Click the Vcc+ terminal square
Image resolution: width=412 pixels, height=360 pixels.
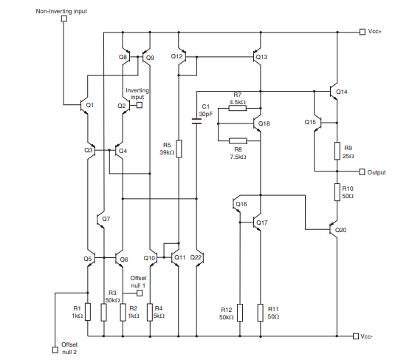[362, 32]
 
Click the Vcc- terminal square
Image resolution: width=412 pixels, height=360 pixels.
[356, 336]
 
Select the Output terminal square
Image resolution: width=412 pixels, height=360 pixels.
[362, 171]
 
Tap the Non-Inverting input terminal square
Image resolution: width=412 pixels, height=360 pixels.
[64, 18]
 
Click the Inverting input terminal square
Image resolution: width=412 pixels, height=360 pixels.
[138, 105]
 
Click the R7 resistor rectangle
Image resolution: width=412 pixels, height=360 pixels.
[237, 108]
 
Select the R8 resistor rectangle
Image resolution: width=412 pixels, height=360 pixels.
[237, 140]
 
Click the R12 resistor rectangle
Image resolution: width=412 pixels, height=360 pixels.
[240, 312]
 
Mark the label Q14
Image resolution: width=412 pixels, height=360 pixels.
[340, 92]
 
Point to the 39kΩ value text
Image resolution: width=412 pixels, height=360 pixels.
[166, 153]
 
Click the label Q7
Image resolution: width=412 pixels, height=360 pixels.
[106, 219]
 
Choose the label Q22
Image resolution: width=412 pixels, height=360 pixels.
[196, 257]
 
